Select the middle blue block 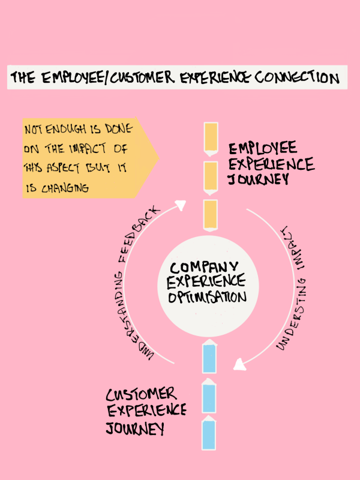pyautogui.click(x=209, y=396)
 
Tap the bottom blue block pyautogui.click(x=209, y=434)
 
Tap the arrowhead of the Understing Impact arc pyautogui.click(x=240, y=364)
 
